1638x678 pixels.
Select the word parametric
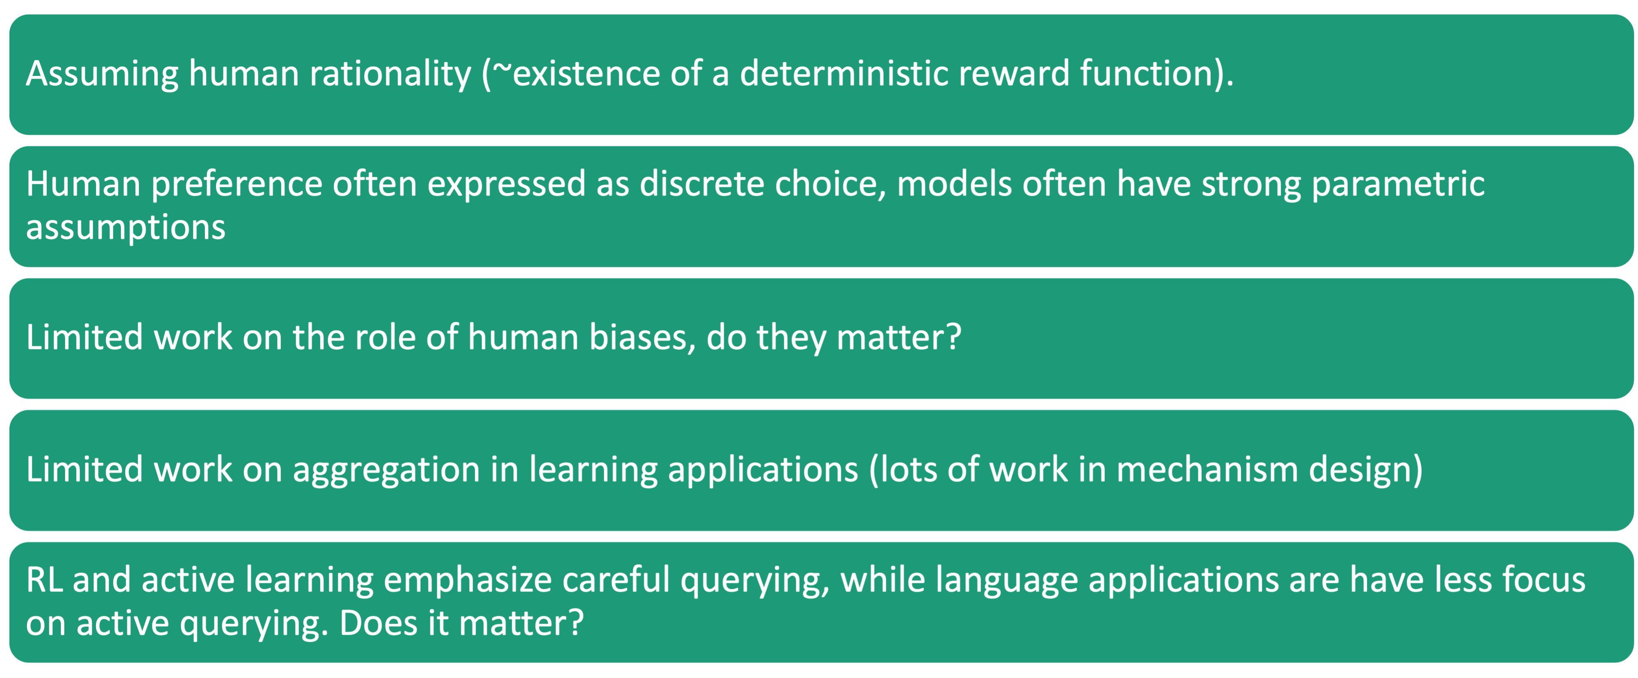click(1398, 184)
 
